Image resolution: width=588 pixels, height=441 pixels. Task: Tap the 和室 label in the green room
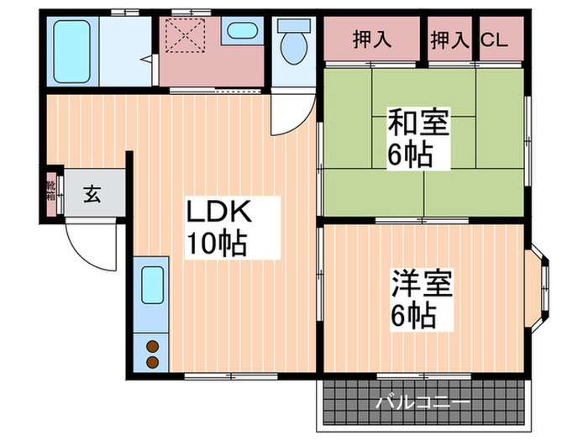click(x=418, y=124)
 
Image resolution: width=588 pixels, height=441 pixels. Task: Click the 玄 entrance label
click(x=92, y=197)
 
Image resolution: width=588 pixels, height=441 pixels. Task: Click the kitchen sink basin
click(x=153, y=285)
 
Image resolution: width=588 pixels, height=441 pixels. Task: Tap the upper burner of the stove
click(x=153, y=345)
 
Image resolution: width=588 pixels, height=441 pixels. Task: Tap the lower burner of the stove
click(x=153, y=361)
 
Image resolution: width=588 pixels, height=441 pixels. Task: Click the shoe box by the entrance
click(x=51, y=194)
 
